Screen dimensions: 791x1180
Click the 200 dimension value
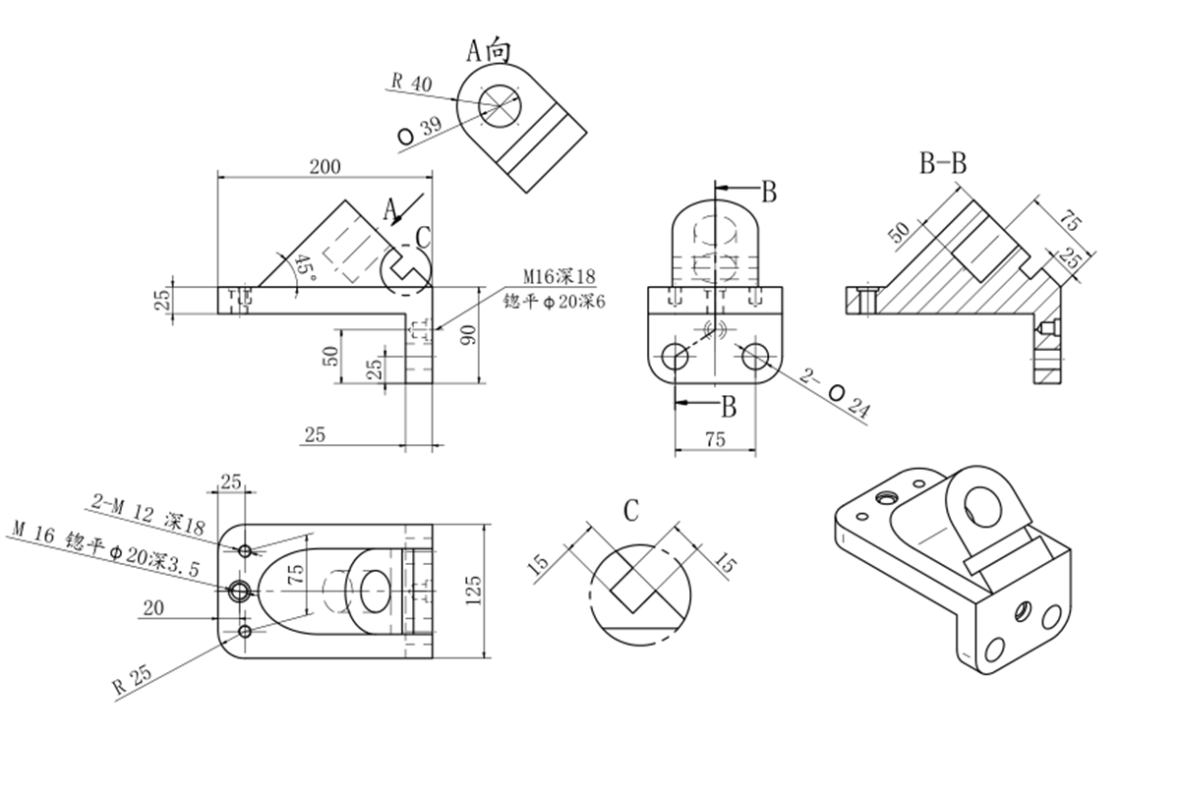point(324,166)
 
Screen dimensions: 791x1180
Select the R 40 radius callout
point(411,84)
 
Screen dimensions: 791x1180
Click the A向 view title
point(488,49)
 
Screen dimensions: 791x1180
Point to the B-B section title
point(942,164)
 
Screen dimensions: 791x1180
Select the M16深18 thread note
point(559,275)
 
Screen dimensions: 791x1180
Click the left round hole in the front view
point(676,357)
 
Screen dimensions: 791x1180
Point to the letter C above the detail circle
point(631,510)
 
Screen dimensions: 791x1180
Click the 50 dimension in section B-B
point(898,234)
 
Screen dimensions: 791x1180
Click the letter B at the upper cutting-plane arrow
point(769,193)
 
